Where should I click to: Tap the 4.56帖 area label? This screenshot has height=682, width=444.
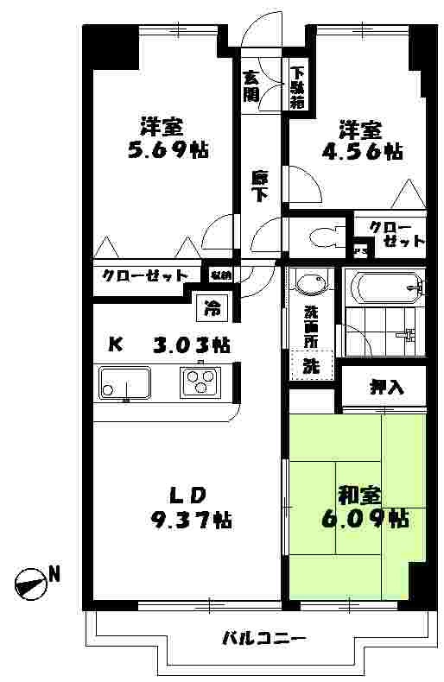(370, 152)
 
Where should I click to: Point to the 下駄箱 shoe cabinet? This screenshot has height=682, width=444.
(297, 87)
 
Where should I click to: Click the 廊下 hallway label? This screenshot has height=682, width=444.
(260, 186)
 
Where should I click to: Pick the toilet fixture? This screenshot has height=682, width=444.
(320, 236)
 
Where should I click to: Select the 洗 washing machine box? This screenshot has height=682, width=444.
(309, 364)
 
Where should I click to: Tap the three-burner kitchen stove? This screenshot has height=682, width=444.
(200, 380)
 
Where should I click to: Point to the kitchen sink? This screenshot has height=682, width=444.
(124, 382)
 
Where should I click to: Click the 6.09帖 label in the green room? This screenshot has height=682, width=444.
(373, 517)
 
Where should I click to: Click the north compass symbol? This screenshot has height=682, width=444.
(30, 584)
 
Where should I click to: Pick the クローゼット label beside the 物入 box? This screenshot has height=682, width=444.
(145, 276)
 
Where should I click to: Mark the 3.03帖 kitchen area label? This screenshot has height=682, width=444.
(192, 345)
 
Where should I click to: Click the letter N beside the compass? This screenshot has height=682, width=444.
(54, 572)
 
